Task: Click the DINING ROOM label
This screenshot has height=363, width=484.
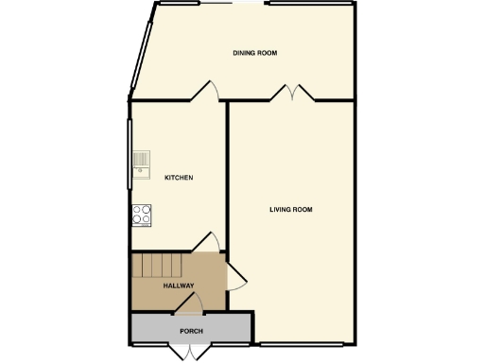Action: pos(255,53)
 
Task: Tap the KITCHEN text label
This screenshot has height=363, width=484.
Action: pos(179,178)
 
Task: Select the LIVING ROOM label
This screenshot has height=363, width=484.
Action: pos(290,209)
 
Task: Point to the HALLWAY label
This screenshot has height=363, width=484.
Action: pos(178,285)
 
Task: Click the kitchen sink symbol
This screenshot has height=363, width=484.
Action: pos(141,164)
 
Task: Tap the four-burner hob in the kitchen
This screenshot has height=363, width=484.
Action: pos(142,215)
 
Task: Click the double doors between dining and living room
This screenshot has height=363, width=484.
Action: pos(292,92)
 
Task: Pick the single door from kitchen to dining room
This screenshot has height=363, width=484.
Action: pos(206,91)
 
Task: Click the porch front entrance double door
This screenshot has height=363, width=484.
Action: pos(194,352)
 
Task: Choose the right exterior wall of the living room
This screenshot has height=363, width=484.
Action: pos(357,217)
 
